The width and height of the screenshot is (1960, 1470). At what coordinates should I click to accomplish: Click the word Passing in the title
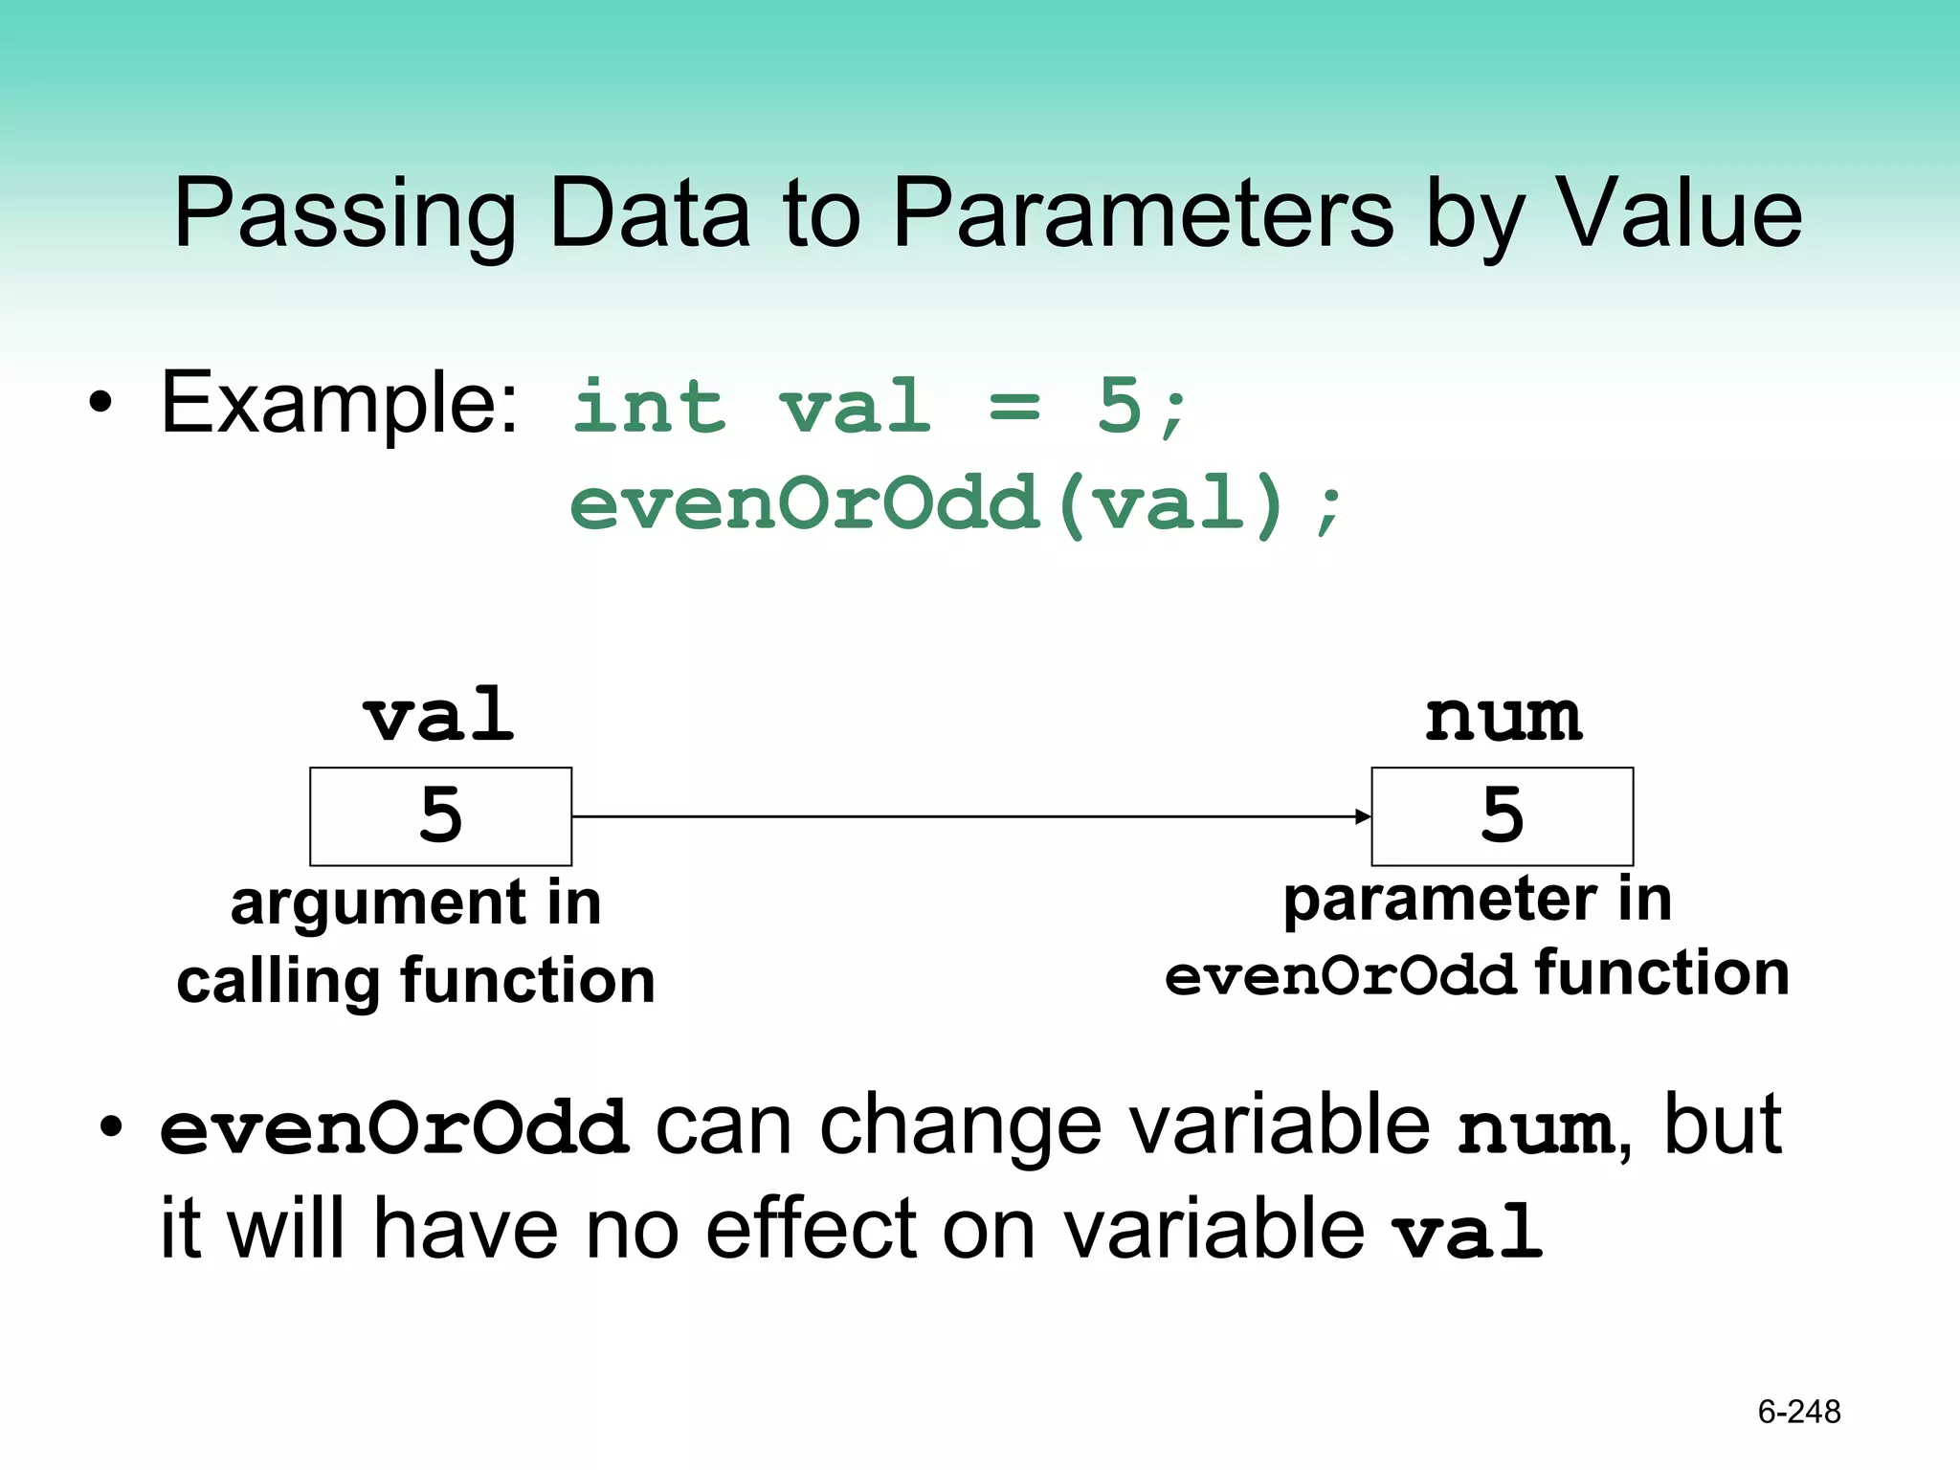point(345,215)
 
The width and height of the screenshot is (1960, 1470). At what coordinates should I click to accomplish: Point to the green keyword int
point(650,407)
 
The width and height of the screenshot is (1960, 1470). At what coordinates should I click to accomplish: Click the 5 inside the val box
point(440,815)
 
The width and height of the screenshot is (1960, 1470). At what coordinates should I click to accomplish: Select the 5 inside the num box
point(1502,815)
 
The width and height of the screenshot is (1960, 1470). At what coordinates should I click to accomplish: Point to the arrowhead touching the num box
point(1364,816)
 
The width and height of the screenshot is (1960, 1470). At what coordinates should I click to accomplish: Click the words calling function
point(416,981)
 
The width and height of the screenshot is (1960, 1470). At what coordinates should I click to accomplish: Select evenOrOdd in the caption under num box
point(1340,977)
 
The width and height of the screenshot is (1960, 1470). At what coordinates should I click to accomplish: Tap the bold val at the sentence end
point(1467,1234)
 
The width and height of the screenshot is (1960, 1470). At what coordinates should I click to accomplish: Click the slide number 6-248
point(1799,1412)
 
